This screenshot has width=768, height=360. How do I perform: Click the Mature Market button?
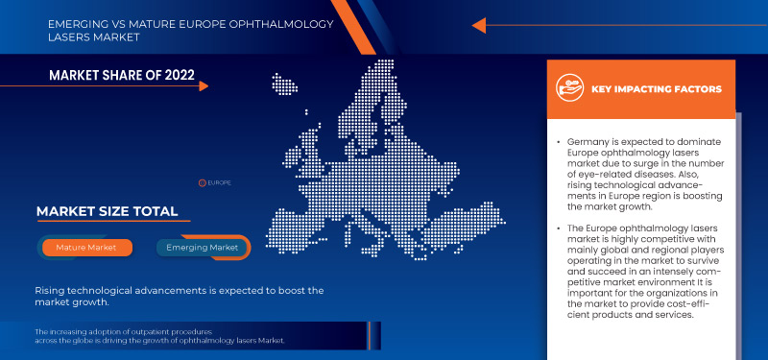(87, 248)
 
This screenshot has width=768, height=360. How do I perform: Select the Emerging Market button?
(203, 248)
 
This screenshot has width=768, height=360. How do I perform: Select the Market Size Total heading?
(107, 211)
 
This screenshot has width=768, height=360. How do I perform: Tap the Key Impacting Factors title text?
(657, 89)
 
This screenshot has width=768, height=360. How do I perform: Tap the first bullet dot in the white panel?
(558, 142)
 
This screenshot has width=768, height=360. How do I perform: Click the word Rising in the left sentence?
(51, 290)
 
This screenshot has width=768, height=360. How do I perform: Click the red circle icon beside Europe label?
(202, 180)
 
